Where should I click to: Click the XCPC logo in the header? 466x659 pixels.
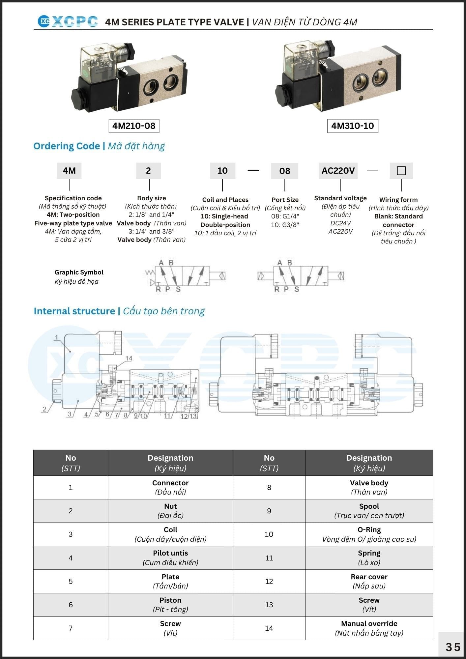pos(68,22)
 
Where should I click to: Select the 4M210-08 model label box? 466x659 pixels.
pos(134,126)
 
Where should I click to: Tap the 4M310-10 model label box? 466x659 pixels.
pos(353,126)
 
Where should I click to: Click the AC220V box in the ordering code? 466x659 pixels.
pos(338,171)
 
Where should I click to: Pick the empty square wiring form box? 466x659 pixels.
pos(401,171)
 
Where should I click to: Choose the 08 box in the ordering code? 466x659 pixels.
pos(285,171)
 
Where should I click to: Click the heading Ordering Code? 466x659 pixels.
pos(67,146)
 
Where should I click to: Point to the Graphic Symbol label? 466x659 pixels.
pos(79,272)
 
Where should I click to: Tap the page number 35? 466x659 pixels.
pos(453,647)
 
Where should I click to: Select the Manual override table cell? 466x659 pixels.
pos(369,628)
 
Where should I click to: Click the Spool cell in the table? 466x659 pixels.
pos(369,511)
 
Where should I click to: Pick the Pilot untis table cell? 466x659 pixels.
pos(170,558)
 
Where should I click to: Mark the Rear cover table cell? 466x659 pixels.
pos(369,581)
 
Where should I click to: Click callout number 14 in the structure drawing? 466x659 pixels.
pos(129,358)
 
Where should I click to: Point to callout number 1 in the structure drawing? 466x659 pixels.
pos(56,337)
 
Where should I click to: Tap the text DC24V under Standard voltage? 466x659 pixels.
pos(340,223)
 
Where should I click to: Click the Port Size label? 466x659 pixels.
pos(285,200)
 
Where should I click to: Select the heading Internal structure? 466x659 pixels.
pos(74,311)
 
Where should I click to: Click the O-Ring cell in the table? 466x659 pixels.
pos(369,534)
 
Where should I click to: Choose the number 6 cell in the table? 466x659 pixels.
pos(71,605)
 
